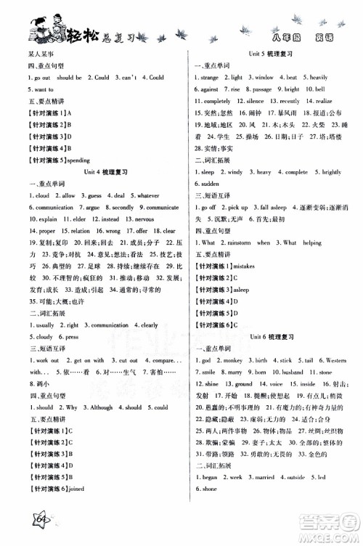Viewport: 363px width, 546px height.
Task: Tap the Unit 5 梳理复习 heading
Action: [269, 54]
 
